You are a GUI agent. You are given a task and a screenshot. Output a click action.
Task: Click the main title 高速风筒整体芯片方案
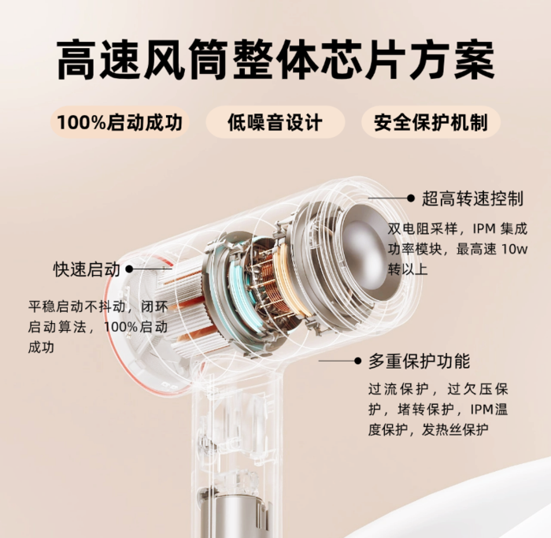pyautogui.click(x=275, y=60)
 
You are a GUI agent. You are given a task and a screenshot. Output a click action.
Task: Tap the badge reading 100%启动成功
pyautogui.click(x=120, y=122)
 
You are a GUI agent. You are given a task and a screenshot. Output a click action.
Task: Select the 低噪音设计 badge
pyautogui.click(x=275, y=122)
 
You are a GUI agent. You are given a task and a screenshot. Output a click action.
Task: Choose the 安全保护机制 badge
pyautogui.click(x=431, y=122)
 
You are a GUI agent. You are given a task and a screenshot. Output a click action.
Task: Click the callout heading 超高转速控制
pyautogui.click(x=472, y=199)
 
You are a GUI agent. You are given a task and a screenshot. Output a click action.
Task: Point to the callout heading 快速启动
pyautogui.click(x=87, y=269)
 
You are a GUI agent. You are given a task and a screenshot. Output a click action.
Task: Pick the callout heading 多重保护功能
pyautogui.click(x=420, y=361)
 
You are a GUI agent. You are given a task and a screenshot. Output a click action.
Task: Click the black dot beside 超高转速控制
pyautogui.click(x=410, y=198)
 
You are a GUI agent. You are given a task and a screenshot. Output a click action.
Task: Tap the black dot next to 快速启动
pyautogui.click(x=129, y=269)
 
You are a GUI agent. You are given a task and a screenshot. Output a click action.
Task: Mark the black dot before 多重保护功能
pyautogui.click(x=357, y=361)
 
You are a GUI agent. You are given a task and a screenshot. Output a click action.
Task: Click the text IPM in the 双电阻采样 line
pyautogui.click(x=484, y=229)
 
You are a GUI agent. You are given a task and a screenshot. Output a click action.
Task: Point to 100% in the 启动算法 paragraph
pyautogui.click(x=120, y=327)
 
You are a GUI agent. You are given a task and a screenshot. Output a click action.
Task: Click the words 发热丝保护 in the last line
pyautogui.click(x=455, y=430)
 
